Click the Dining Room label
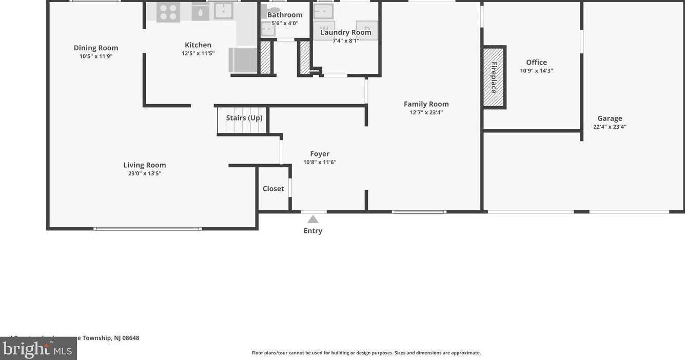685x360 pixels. point(96,48)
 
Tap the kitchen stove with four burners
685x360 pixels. point(168,12)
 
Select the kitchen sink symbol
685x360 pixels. point(224,11)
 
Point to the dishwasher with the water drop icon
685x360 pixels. point(200,12)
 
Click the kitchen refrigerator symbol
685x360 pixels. point(243,59)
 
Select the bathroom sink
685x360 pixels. point(268,28)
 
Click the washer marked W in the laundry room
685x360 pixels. point(324,29)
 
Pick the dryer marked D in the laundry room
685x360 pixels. point(367,30)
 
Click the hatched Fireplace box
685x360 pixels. point(494,77)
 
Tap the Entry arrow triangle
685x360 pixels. point(313,219)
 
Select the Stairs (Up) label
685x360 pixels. point(244,118)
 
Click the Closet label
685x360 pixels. point(273,189)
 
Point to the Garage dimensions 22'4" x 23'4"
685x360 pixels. point(610,127)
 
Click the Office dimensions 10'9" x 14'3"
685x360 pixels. point(536,71)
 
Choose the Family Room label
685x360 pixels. point(426,104)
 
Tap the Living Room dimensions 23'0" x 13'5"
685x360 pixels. point(145,173)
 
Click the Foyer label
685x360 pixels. point(320,154)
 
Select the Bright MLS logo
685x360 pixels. point(38,349)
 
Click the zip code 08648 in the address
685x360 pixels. point(130,338)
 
